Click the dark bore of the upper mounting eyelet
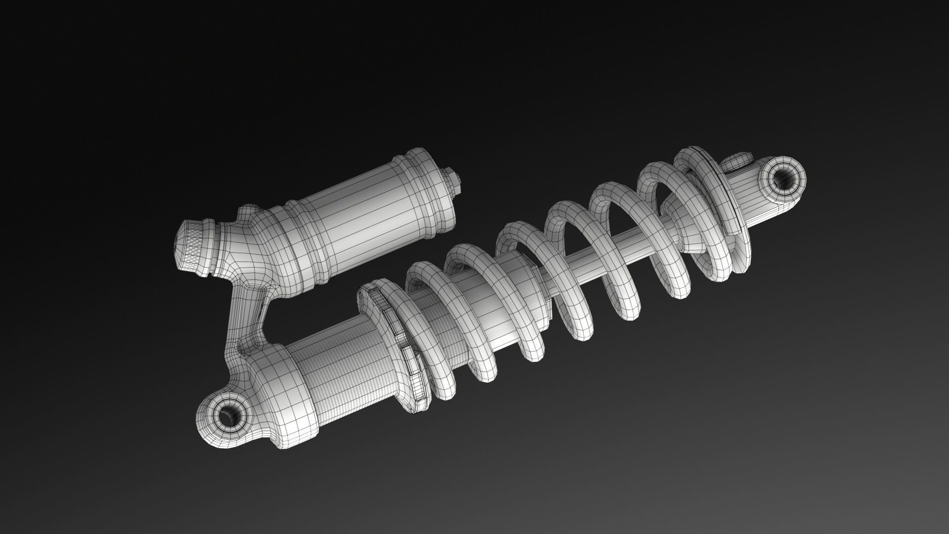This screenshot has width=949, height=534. coord(782,178)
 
